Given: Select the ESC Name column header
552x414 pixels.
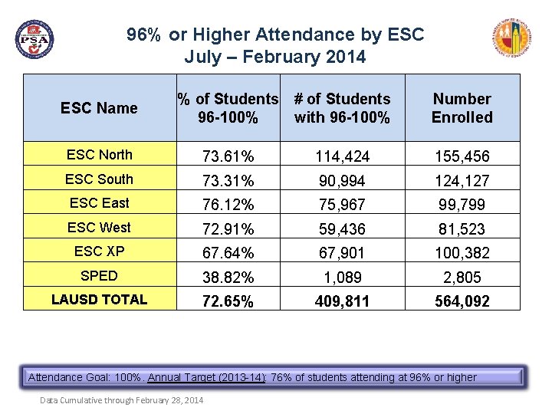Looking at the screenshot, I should [x=99, y=108].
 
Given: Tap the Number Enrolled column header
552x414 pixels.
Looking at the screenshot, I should [x=462, y=108].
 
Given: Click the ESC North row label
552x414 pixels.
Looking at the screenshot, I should [x=100, y=155].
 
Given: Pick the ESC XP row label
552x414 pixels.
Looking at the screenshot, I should [x=100, y=251].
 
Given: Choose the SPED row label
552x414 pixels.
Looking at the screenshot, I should [x=100, y=276].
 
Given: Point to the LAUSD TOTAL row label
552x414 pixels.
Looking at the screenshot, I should [x=100, y=300].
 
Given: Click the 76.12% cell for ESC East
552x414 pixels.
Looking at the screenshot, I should [x=228, y=205].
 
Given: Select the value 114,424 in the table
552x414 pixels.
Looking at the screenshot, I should [x=342, y=156].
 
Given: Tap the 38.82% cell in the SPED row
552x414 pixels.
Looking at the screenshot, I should [x=228, y=278].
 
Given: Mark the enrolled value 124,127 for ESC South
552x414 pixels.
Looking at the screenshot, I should [x=462, y=181].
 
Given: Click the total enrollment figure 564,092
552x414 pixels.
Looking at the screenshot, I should [x=462, y=301].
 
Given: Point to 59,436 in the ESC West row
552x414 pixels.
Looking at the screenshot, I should [x=342, y=228].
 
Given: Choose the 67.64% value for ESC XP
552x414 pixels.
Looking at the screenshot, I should [x=228, y=253].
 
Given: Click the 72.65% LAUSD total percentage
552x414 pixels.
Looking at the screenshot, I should [x=228, y=301].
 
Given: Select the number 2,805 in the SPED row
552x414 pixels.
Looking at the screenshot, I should [x=462, y=278].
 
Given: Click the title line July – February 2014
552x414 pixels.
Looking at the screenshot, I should [x=275, y=58].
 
